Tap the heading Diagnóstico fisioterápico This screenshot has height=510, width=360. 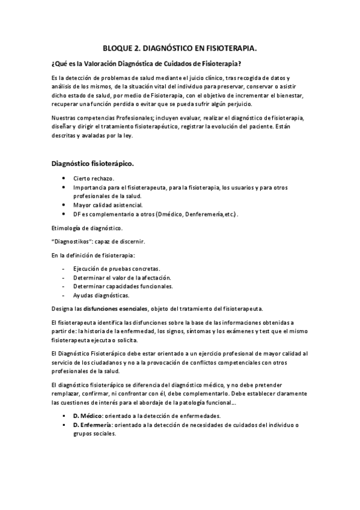92,162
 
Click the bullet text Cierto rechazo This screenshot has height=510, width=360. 94,179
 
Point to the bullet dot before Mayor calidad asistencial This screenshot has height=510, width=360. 64,205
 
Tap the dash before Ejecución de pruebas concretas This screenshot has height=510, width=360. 64,268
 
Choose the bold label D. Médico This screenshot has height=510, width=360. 88,416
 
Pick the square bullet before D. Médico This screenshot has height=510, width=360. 64,416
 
